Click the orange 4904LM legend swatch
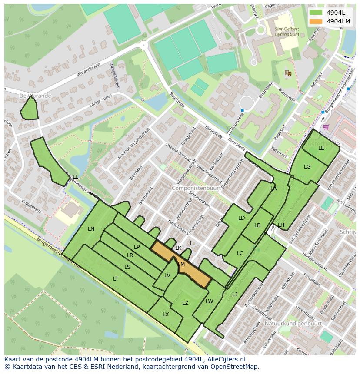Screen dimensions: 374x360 (316, 21)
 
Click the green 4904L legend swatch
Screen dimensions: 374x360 (316, 13)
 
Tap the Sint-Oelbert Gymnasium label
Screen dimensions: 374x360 (287, 32)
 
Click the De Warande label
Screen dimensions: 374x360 (35, 96)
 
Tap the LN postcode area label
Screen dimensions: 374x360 (91, 229)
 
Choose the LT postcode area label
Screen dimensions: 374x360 (116, 279)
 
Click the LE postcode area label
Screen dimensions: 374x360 (321, 148)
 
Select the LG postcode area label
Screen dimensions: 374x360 (307, 167)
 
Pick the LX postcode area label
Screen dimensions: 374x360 (166, 314)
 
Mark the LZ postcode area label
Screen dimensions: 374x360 (185, 303)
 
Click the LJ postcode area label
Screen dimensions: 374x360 (235, 295)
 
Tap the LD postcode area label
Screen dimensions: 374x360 (241, 218)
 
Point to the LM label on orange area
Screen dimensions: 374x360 (181, 265)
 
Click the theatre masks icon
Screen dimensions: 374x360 (287, 73)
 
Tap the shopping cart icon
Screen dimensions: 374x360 (326, 127)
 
